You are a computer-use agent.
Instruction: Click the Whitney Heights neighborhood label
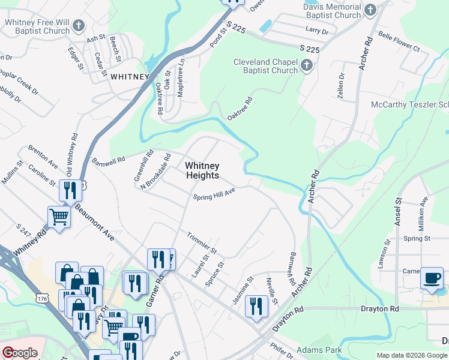point(202,170)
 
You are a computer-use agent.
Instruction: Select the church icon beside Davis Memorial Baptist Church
point(370,10)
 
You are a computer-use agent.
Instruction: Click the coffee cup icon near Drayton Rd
point(432,278)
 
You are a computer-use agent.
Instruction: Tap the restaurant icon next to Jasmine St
point(256,305)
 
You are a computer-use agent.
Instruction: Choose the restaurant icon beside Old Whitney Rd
point(70,191)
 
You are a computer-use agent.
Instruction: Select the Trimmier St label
point(201,241)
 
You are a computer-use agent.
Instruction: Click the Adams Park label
point(319,350)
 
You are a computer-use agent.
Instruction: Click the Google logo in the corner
point(20,352)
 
